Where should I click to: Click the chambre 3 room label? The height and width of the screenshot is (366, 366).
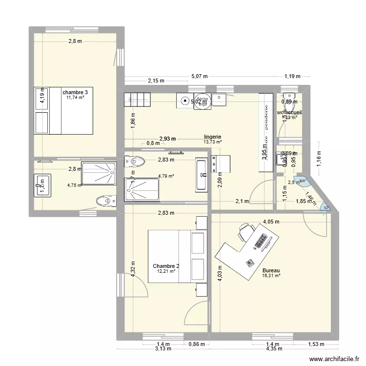point(75,92)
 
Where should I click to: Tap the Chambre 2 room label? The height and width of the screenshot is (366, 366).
point(166,266)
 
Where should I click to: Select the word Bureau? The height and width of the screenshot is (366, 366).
point(271,270)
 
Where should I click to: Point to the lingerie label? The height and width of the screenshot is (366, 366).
point(213,137)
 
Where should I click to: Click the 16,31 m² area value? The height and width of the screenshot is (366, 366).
point(271,276)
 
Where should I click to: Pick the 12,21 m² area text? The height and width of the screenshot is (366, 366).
point(166,271)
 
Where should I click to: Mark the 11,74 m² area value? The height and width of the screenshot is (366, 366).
point(75,98)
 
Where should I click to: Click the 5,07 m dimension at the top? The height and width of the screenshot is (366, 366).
point(199,76)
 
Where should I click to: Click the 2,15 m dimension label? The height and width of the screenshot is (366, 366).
point(155,81)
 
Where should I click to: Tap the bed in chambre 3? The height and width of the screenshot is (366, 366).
point(63,111)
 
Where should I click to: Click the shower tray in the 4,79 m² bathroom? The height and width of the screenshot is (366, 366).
point(142,189)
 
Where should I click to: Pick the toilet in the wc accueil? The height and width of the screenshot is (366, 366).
point(289,102)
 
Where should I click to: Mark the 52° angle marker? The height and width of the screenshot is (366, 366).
point(325,208)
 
